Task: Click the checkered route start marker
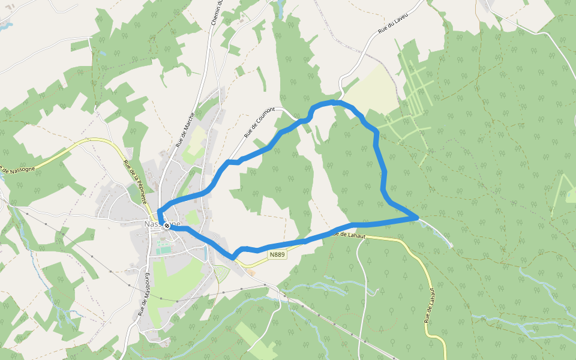click(x=166, y=226)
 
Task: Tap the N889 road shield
click(x=277, y=255)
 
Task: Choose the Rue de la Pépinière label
click(x=135, y=182)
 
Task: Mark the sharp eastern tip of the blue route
click(x=418, y=217)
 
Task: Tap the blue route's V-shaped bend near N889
click(x=233, y=258)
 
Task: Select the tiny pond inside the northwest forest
click(x=101, y=53)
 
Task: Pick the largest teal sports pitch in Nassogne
click(x=163, y=248)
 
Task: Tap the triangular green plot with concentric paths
click(x=221, y=273)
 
